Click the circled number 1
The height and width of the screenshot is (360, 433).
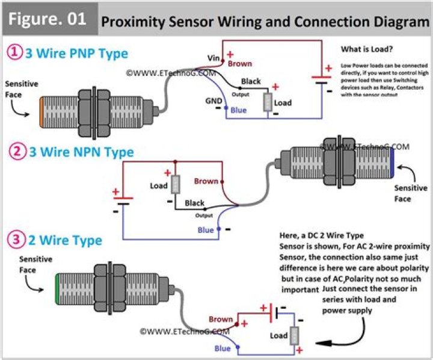(14, 53)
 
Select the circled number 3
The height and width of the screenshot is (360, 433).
(14, 240)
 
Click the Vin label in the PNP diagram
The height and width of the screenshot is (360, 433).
(213, 58)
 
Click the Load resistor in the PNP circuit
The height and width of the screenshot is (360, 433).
(268, 102)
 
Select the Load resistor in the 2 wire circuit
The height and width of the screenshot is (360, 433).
(295, 336)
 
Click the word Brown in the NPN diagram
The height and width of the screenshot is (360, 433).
(206, 181)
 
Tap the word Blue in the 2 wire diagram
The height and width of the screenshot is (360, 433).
(223, 349)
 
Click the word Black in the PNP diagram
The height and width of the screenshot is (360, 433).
(251, 81)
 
